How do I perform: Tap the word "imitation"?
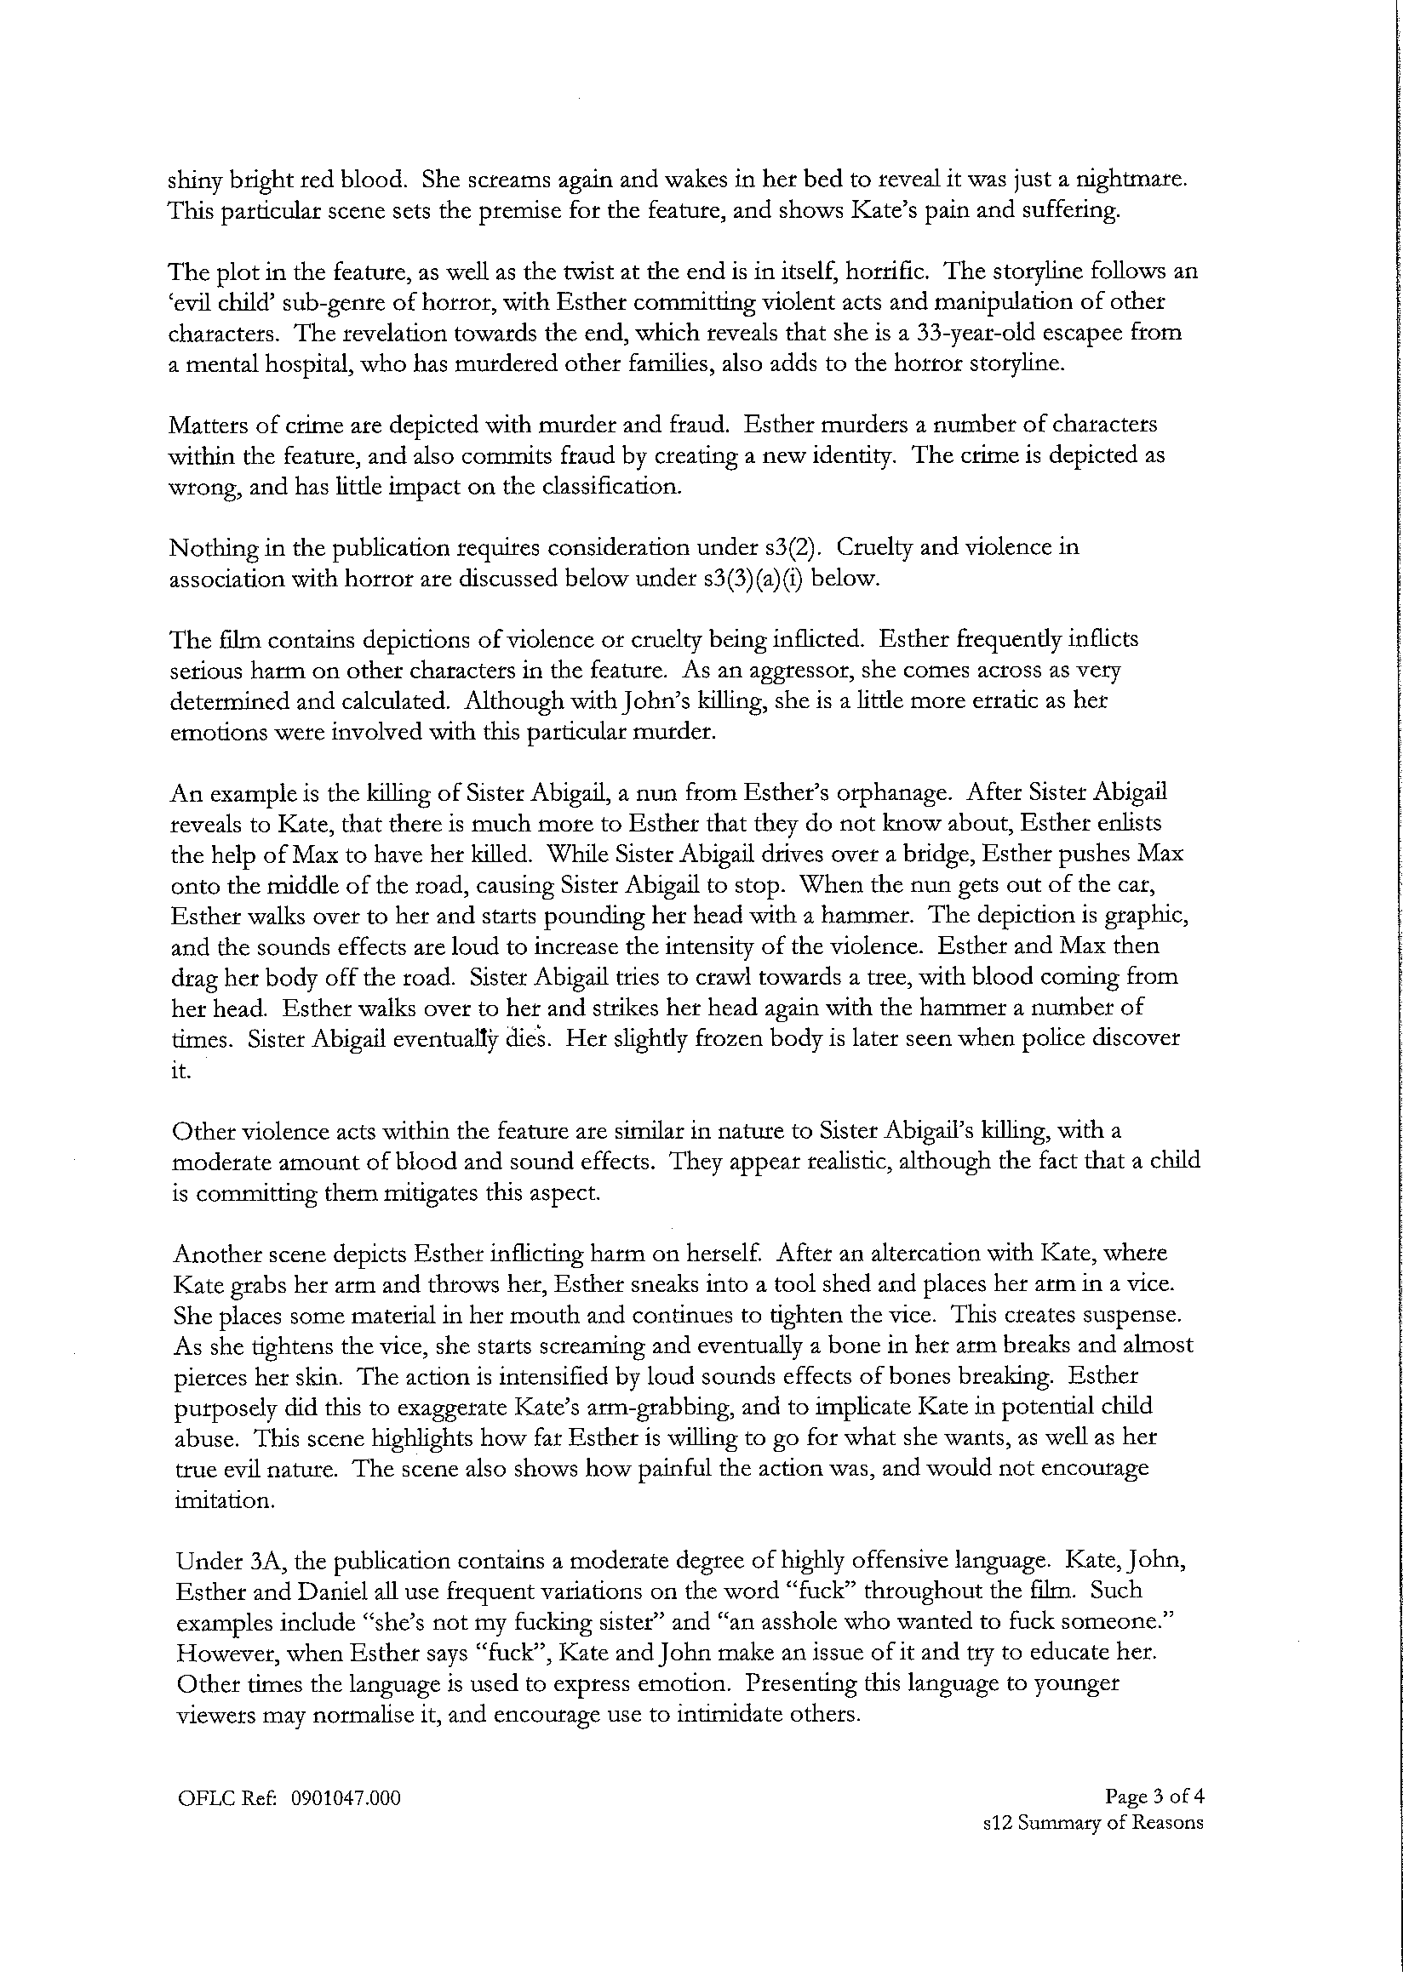coord(224,1500)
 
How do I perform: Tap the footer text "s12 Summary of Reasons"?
coord(1093,1822)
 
